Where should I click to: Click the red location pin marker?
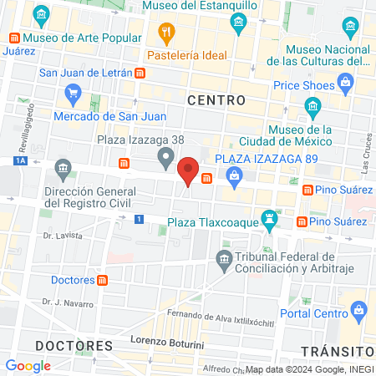pyautogui.click(x=189, y=170)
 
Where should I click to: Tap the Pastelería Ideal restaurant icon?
pyautogui.click(x=166, y=34)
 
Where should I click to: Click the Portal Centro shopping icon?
pyautogui.click(x=358, y=311)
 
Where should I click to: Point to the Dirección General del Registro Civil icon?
pyautogui.click(x=64, y=170)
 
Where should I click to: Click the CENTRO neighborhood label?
pyautogui.click(x=216, y=100)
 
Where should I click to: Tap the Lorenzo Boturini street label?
pyautogui.click(x=170, y=341)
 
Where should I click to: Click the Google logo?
pyautogui.click(x=28, y=365)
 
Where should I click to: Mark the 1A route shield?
pyautogui.click(x=20, y=160)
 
